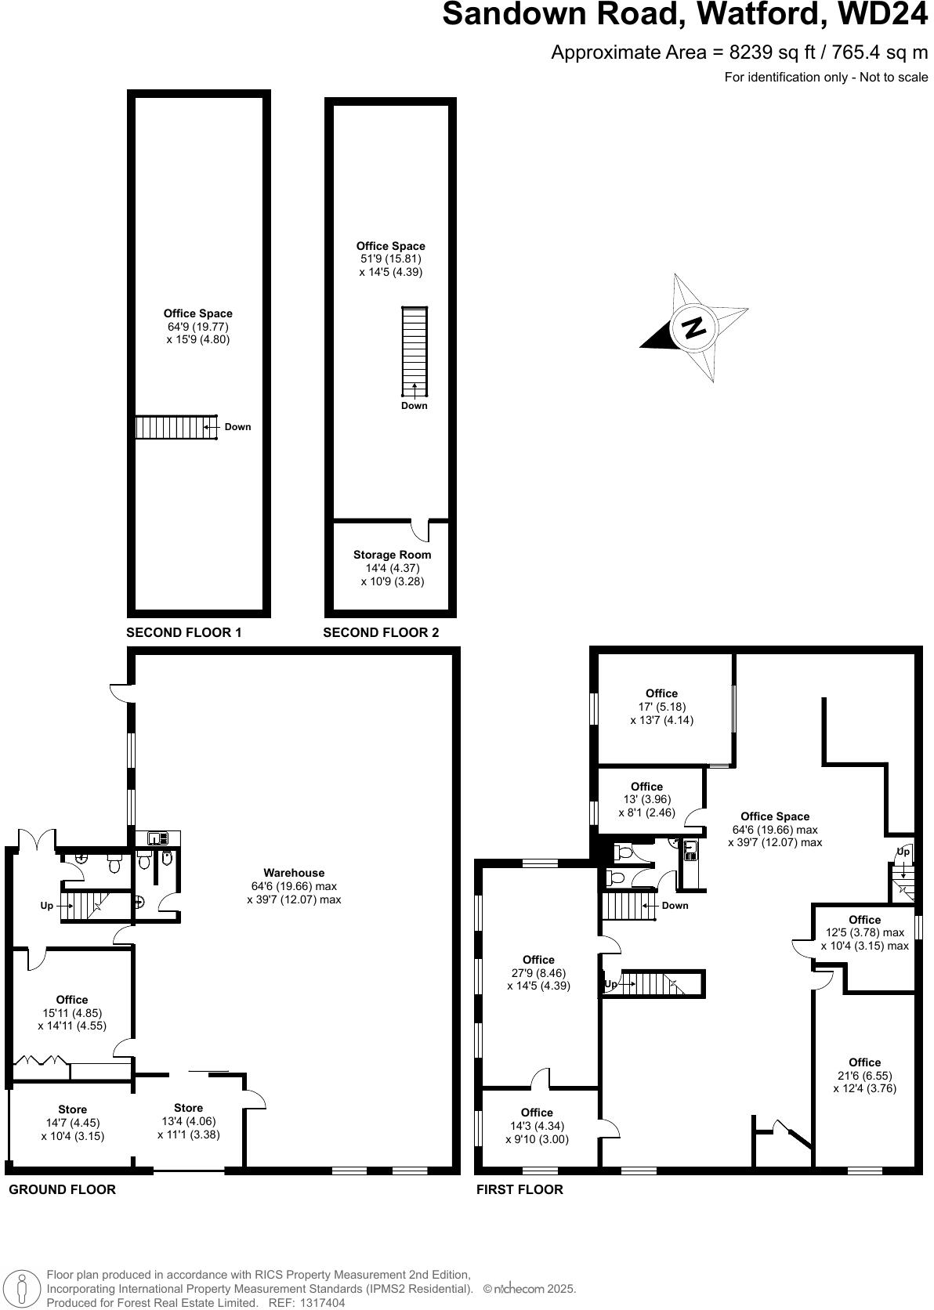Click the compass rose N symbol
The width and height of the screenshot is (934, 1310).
pos(693,327)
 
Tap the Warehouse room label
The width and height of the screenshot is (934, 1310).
pos(294,873)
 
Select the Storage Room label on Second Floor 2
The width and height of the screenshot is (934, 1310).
pos(392,555)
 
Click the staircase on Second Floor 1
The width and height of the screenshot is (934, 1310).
pos(176,427)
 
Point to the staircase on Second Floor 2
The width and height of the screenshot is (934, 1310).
pos(415,351)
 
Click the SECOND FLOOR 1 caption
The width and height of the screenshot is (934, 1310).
pos(184,632)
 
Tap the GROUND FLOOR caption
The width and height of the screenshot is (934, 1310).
pos(62,1189)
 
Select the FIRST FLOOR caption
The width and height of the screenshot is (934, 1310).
pos(519,1189)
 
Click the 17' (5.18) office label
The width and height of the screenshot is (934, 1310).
pos(661,707)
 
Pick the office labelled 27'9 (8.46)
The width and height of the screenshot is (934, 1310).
pos(538,972)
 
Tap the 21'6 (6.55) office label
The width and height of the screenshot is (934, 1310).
pos(864,1075)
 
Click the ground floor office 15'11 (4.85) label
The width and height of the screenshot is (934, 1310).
pos(72,1012)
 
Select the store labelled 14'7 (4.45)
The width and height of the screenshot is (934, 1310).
pos(72,1123)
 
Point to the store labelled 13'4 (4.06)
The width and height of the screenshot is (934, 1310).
pos(188,1120)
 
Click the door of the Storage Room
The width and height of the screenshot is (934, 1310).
pos(421,530)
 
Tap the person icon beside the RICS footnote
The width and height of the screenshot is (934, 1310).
pos(23,1289)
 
